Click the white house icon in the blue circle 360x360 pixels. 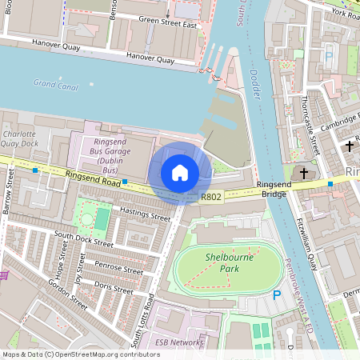(x=180, y=172)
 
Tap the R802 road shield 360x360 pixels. (x=211, y=196)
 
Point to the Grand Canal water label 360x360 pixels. (x=55, y=83)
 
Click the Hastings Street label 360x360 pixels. (x=144, y=213)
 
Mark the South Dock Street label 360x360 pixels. (x=82, y=242)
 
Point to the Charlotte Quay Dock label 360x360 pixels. (x=18, y=138)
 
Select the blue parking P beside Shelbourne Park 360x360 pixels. (x=277, y=295)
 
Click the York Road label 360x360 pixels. (x=344, y=14)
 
